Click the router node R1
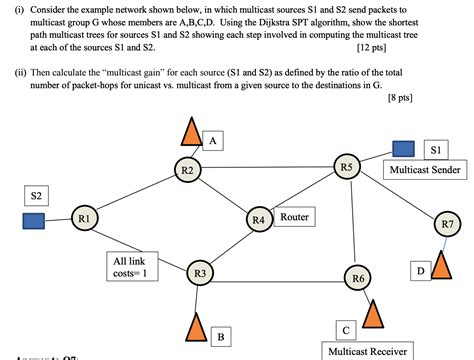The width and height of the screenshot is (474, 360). [x=84, y=217]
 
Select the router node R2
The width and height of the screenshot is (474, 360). [x=187, y=171]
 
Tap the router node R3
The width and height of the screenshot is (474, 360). [x=200, y=272]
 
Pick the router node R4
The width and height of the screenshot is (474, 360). [x=258, y=219]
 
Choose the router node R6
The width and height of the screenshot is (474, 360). [x=358, y=276]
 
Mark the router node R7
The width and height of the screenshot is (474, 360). [x=446, y=223]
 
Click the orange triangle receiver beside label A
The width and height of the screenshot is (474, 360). [x=191, y=131]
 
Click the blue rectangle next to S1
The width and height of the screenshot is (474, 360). [x=402, y=149]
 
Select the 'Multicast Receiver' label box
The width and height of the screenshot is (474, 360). [x=365, y=351]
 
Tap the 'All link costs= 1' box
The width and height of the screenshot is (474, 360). [x=130, y=266]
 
